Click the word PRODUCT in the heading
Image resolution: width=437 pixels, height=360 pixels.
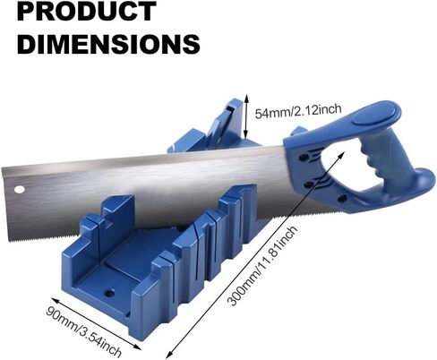click(87, 11)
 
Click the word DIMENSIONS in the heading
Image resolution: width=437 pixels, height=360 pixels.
click(108, 44)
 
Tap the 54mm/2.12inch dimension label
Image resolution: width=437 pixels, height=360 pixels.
click(298, 110)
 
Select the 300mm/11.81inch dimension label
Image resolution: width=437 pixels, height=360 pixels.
click(262, 266)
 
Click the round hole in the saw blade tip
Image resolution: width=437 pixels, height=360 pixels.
click(19, 189)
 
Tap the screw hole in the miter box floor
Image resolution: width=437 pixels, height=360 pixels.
click(110, 293)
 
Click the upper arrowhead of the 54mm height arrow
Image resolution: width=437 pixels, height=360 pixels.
click(246, 97)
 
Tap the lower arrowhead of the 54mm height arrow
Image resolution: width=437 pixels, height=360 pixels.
click(245, 137)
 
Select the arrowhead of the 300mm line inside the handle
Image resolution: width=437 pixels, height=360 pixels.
click(343, 153)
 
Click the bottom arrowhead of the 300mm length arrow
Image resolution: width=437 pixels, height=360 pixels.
click(167, 356)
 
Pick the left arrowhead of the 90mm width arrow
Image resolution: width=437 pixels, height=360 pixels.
click(55, 299)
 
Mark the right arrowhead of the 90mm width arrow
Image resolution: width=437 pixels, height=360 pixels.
click(138, 347)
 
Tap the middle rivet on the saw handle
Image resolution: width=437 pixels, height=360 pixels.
click(308, 185)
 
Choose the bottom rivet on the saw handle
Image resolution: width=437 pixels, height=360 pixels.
click(342, 198)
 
